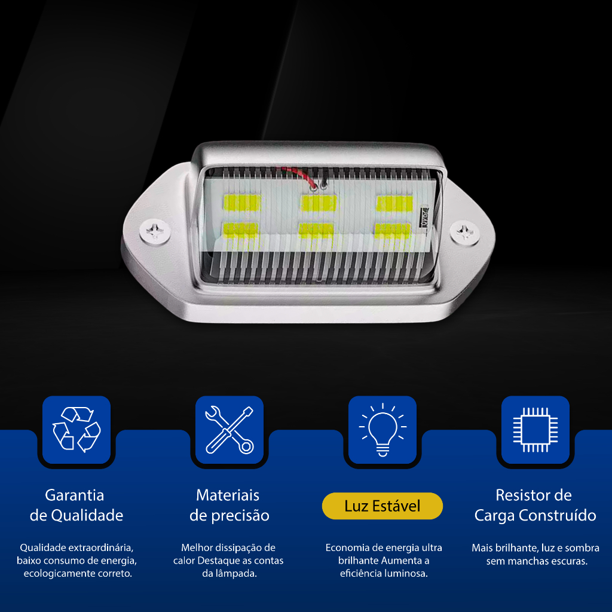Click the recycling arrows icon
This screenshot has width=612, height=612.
pyautogui.click(x=76, y=429)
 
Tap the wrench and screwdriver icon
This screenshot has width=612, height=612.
pyautogui.click(x=229, y=430)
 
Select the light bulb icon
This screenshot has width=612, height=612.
pyautogui.click(x=382, y=429)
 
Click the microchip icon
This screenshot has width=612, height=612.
pyautogui.click(x=535, y=430)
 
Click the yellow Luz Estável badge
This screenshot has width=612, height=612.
pyautogui.click(x=382, y=506)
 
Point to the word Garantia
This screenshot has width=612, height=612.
pyautogui.click(x=75, y=495)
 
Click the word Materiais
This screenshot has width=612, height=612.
pyautogui.click(x=228, y=495)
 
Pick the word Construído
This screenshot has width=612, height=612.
pyautogui.click(x=562, y=515)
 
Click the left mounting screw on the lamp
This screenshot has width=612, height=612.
pyautogui.click(x=155, y=231)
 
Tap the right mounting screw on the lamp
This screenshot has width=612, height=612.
pyautogui.click(x=464, y=233)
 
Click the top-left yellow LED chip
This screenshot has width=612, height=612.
pyautogui.click(x=242, y=203)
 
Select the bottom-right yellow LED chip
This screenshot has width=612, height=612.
pyautogui.click(x=392, y=230)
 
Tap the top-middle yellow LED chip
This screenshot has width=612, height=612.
pyautogui.click(x=318, y=203)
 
